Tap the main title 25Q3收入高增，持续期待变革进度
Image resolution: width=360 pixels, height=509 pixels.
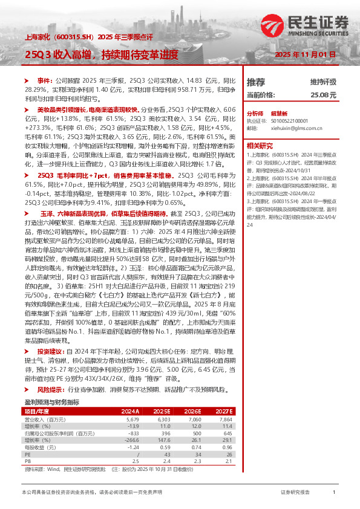(x=101, y=54)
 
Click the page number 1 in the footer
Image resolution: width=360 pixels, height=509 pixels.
(x=334, y=493)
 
